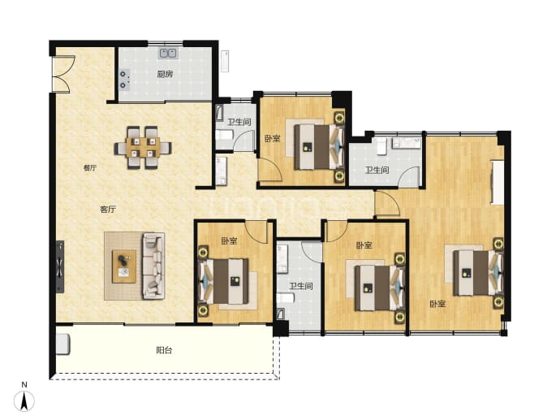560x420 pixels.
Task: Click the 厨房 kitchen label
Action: [165, 74]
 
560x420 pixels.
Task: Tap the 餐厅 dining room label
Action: [90, 167]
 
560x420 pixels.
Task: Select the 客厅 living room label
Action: [108, 209]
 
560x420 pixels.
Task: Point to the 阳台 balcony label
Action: [164, 350]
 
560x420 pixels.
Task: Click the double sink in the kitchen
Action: [168, 54]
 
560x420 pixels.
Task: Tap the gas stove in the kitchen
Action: [123, 79]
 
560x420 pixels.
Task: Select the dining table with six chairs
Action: [143, 147]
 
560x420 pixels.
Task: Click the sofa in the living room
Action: [153, 266]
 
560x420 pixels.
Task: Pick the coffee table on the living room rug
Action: [124, 266]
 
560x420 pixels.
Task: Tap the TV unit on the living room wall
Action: [60, 266]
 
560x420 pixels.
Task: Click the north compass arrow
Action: [24, 401]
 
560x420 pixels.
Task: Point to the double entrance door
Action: [63, 74]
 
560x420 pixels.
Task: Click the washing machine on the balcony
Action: [62, 344]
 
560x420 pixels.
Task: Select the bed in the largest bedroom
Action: [478, 273]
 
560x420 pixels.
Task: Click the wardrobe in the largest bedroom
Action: [497, 182]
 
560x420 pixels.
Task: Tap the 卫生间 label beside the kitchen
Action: [239, 122]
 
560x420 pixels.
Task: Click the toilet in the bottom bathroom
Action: [286, 298]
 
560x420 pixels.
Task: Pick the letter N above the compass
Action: [24, 385]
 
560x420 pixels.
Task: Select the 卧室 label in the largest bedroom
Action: [437, 304]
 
